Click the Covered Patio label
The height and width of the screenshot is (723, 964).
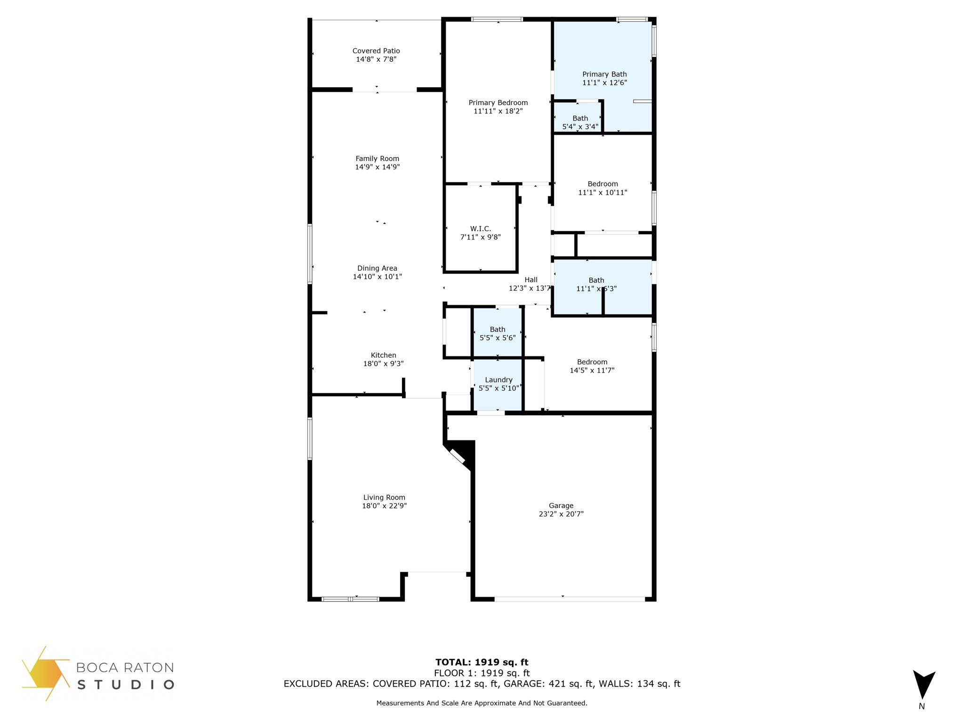pyautogui.click(x=376, y=51)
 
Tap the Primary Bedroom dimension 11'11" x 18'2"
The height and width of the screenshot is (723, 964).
pyautogui.click(x=498, y=111)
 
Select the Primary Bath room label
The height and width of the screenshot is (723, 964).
pyautogui.click(x=604, y=74)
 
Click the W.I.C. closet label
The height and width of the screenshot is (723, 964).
pyautogui.click(x=480, y=229)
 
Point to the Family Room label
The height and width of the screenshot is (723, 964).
pyautogui.click(x=377, y=159)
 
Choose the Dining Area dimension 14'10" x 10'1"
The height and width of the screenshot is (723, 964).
pyautogui.click(x=377, y=277)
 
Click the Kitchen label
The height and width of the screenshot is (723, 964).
pyautogui.click(x=383, y=355)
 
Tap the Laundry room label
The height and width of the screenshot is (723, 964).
pyautogui.click(x=498, y=380)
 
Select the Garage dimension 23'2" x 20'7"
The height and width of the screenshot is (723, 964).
pyautogui.click(x=561, y=514)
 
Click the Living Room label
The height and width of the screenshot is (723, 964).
pyautogui.click(x=384, y=498)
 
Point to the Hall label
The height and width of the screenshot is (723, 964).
pyautogui.click(x=531, y=280)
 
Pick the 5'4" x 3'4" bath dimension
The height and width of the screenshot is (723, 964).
pyautogui.click(x=580, y=127)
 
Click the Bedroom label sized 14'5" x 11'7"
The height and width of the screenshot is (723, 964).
pyautogui.click(x=592, y=362)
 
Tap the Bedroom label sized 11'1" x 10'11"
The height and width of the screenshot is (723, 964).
pyautogui.click(x=602, y=184)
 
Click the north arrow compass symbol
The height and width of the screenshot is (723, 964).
pyautogui.click(x=924, y=684)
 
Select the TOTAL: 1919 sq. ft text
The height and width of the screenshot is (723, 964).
pyautogui.click(x=482, y=662)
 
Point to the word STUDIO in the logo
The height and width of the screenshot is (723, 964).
pyautogui.click(x=125, y=684)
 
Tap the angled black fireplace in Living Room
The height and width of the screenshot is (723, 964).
pyautogui.click(x=459, y=455)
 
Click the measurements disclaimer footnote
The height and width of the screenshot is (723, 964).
pyautogui.click(x=482, y=703)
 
